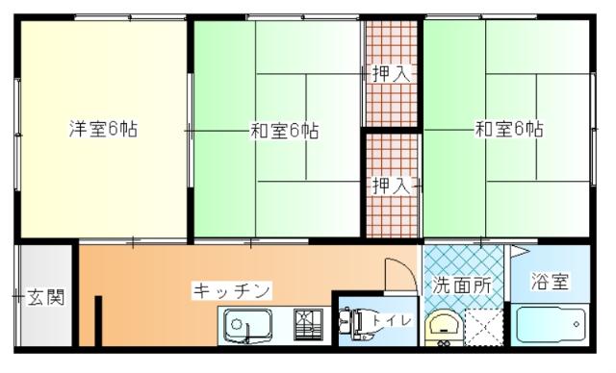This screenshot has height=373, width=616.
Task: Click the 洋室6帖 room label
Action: tap(103, 129)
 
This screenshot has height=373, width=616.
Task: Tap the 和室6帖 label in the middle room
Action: tap(285, 130)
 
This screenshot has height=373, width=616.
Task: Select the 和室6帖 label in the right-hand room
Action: tap(508, 129)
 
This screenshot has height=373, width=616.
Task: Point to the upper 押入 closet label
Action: tap(389, 73)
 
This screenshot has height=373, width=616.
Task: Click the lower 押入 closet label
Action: tap(389, 185)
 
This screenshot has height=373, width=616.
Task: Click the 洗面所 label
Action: tap(460, 285)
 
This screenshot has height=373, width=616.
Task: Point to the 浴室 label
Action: tap(552, 283)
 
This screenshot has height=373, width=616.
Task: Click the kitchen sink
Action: tap(249, 326)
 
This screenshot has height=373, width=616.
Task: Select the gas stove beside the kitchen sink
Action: tap(310, 326)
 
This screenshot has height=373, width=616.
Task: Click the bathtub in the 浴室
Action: tap(551, 324)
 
